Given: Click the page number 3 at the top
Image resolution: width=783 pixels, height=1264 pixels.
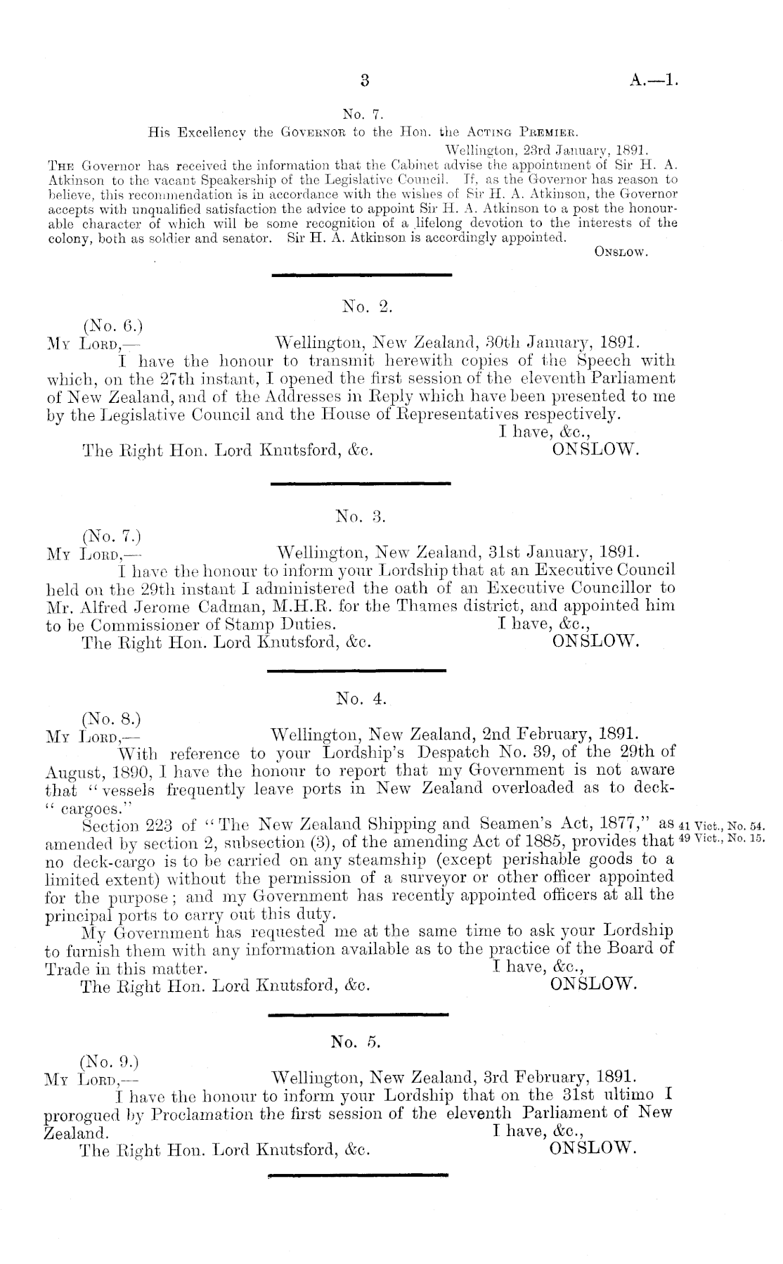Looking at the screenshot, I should (364, 80).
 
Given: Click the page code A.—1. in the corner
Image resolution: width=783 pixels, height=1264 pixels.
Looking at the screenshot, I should (654, 80).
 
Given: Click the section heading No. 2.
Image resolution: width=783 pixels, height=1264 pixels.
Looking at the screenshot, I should (365, 305).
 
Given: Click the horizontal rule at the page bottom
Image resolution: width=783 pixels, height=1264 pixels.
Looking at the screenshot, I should (358, 1174).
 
